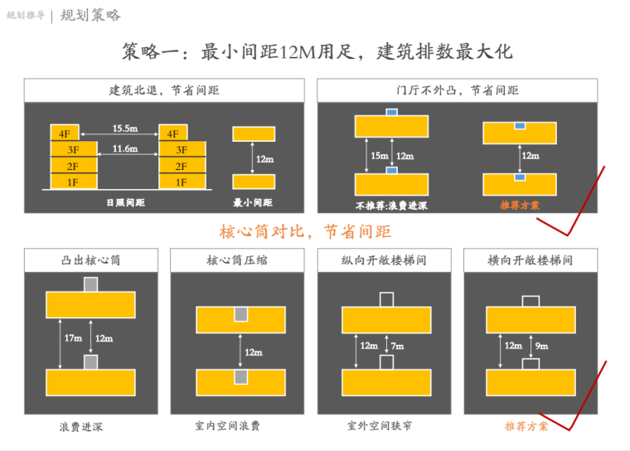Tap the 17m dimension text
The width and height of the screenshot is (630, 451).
[x=74, y=338]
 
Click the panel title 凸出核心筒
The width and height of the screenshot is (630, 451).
[x=91, y=259]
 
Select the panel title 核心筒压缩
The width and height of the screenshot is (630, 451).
[x=237, y=259]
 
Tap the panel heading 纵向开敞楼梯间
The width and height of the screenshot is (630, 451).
[x=384, y=259]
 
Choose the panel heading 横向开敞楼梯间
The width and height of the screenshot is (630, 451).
[x=531, y=259]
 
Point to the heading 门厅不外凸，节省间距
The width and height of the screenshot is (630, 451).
[x=458, y=90]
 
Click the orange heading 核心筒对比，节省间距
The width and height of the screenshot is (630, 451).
[x=304, y=231]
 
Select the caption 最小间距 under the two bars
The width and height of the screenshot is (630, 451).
[x=253, y=202]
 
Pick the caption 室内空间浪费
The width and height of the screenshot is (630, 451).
[x=227, y=425]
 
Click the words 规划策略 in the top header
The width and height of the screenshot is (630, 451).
[x=90, y=15]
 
